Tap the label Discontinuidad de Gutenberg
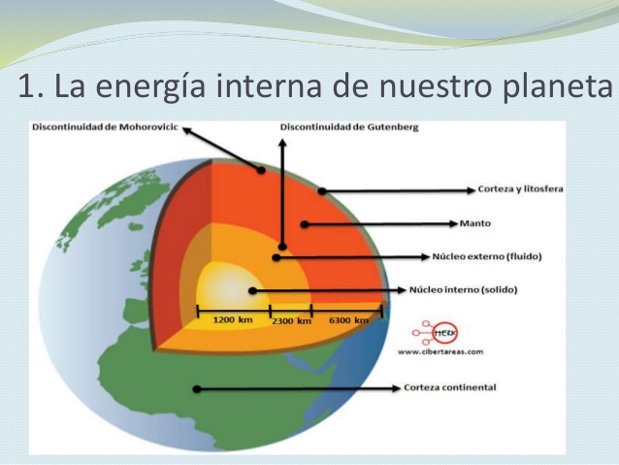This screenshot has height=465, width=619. coord(348,127)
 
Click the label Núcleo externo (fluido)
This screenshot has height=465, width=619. coord(486,257)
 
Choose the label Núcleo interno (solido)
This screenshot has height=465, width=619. coord(463,289)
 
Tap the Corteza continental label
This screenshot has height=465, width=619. coord(449,387)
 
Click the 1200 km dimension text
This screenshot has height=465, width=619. coord(232,319)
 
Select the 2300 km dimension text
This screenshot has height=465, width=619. coord(291,320)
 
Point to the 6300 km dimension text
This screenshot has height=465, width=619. coord(349,319)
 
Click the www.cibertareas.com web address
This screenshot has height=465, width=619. coord(440,350)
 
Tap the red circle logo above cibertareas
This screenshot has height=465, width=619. coord(443,332)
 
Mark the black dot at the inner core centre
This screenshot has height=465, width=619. coord(251,290)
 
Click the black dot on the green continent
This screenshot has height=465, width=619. coord(196,388)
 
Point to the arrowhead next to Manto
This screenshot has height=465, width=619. coord(453,223)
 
